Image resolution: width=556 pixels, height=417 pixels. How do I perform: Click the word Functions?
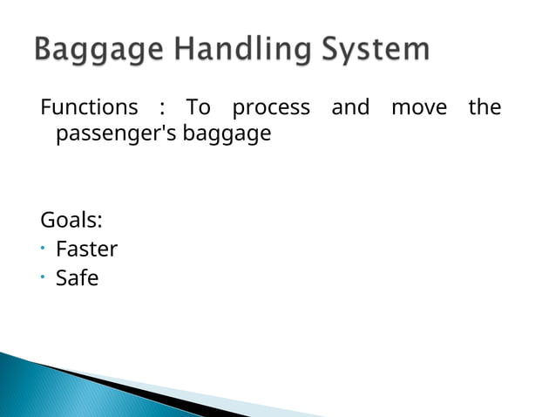coord(88,108)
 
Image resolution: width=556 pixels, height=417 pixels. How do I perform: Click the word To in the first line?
coord(199,108)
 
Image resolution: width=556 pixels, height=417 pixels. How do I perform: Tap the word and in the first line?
coord(350,108)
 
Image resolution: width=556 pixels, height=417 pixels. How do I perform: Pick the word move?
coord(419,108)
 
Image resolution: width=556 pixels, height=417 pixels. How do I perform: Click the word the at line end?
coord(485,108)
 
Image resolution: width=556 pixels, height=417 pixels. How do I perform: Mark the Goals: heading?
coord(71,220)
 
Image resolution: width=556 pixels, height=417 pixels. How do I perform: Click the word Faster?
coord(86,250)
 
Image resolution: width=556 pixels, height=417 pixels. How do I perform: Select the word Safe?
coord(77,279)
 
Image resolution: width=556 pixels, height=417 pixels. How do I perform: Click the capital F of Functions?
coord(45,108)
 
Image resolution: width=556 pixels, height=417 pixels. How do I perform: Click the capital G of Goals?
coord(47,220)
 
